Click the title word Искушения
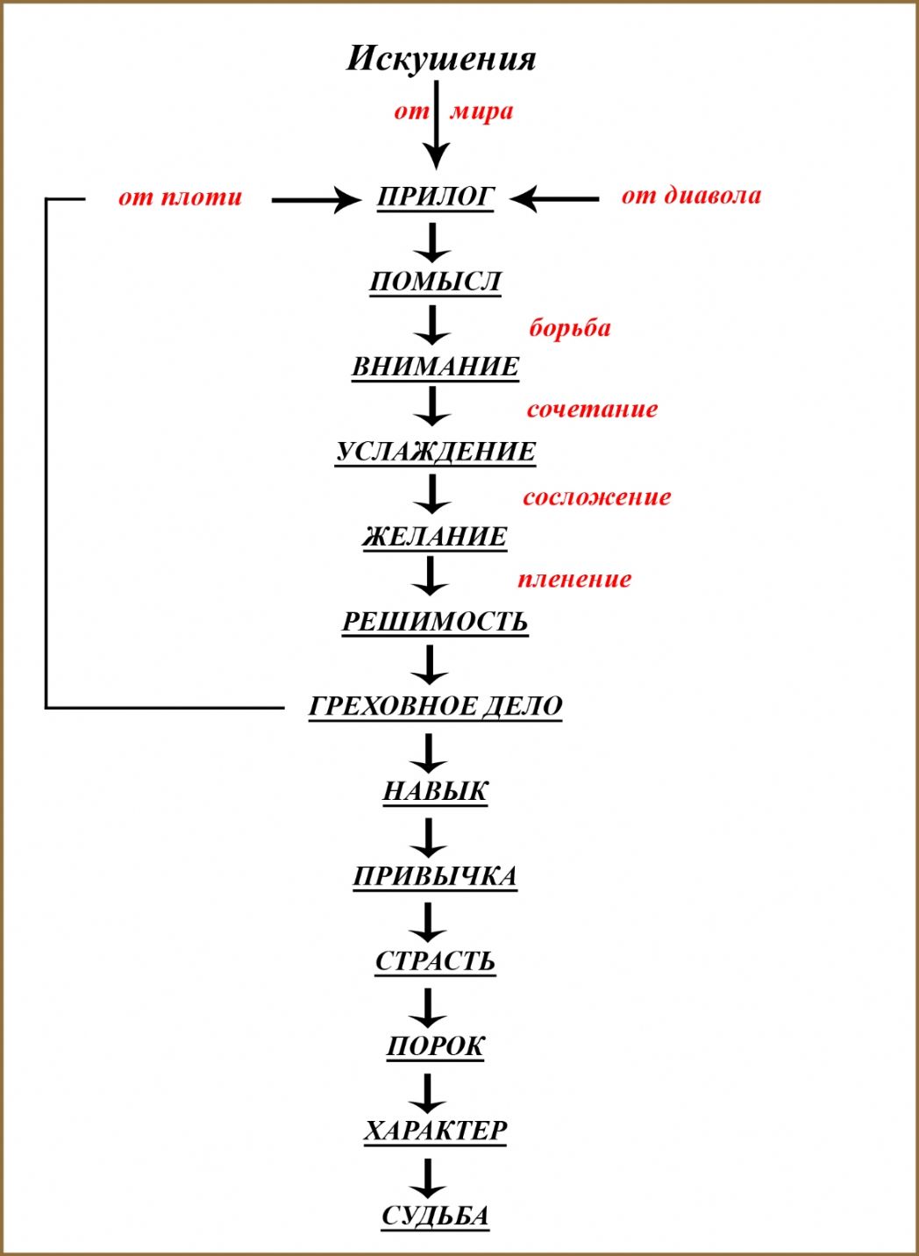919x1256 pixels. (441, 59)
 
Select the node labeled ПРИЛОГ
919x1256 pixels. (436, 197)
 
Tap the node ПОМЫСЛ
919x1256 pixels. (435, 282)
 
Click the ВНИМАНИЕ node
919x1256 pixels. (435, 367)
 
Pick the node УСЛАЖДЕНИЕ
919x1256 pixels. (436, 452)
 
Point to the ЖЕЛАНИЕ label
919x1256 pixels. (435, 536)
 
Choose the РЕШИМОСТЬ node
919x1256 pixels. (435, 622)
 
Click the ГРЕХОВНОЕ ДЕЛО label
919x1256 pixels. (436, 706)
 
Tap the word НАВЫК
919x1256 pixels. (435, 791)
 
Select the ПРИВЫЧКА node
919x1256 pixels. (435, 876)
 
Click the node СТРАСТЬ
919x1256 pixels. (435, 961)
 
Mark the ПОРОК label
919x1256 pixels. (435, 1045)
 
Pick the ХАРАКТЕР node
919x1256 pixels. (435, 1131)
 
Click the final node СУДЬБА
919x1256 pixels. (435, 1216)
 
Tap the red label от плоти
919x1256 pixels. (180, 197)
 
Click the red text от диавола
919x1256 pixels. (691, 195)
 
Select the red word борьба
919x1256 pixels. (570, 328)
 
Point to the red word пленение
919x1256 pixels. (574, 579)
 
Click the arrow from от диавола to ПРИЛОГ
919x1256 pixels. (554, 199)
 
